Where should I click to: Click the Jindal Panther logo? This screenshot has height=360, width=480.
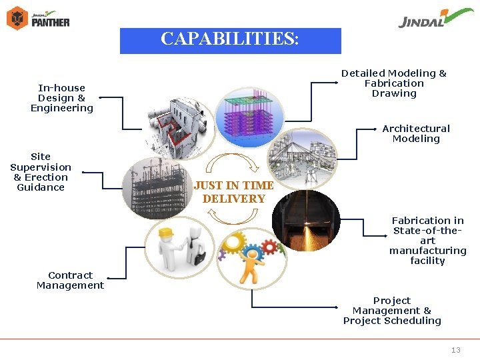click(x=38, y=18)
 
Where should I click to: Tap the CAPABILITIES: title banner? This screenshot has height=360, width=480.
click(x=230, y=40)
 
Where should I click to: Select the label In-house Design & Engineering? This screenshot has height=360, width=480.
click(x=62, y=98)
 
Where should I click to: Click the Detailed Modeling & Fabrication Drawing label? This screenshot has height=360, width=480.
click(x=394, y=83)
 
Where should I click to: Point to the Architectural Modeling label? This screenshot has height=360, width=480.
click(x=416, y=133)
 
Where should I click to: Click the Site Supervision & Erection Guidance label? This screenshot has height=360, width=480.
click(x=41, y=172)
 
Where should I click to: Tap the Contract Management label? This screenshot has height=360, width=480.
click(x=70, y=280)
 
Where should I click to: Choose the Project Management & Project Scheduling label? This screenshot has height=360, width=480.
click(x=392, y=311)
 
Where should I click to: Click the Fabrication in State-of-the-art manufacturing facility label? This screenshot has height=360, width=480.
click(x=428, y=240)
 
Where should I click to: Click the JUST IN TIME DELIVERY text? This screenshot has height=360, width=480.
click(x=233, y=192)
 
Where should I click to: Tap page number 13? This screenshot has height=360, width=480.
click(x=456, y=350)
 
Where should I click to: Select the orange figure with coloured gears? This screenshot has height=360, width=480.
click(x=250, y=257)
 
